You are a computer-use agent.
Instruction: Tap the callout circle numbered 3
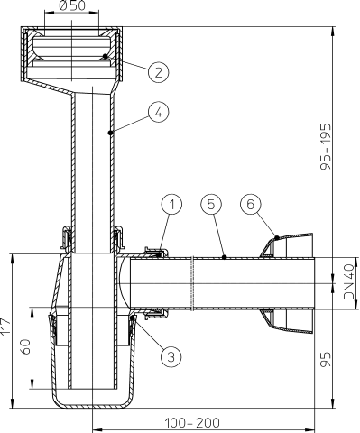pos(168,355)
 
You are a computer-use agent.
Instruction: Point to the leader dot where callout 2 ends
pos(107,56)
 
